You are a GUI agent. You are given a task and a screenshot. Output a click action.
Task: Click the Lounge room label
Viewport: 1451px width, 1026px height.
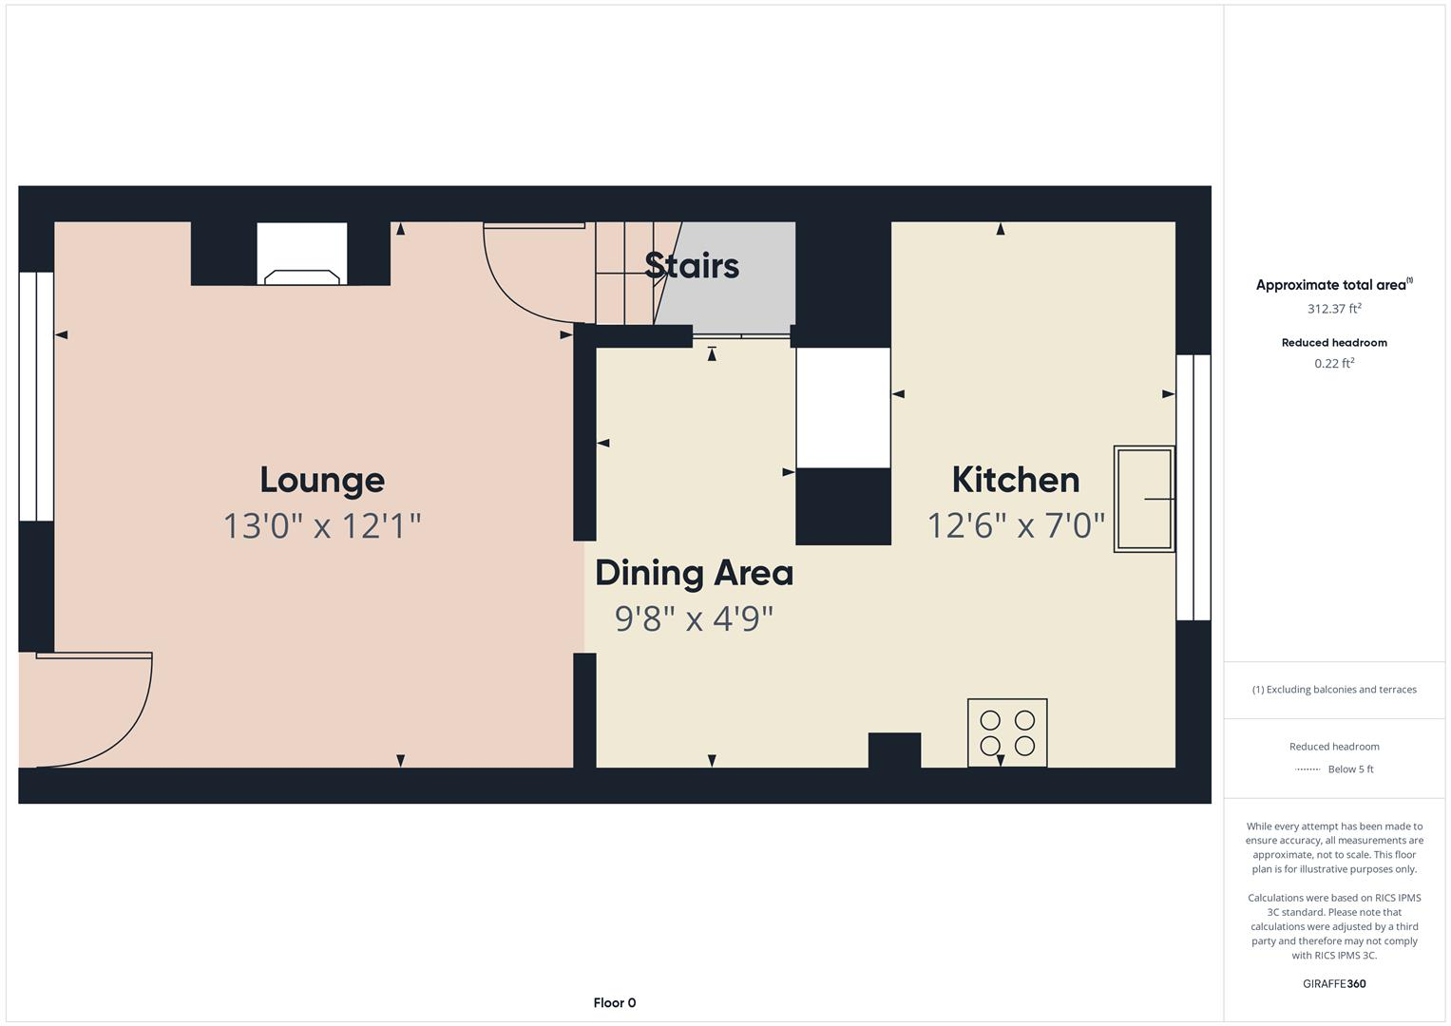pyautogui.click(x=322, y=480)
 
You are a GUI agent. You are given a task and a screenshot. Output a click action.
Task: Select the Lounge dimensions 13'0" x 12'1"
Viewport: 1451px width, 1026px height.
pyautogui.click(x=322, y=525)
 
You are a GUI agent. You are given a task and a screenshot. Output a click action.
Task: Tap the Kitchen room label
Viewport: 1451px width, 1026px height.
pyautogui.click(x=1016, y=480)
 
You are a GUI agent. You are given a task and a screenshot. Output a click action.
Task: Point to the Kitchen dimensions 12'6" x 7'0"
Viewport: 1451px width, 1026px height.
pyautogui.click(x=1016, y=525)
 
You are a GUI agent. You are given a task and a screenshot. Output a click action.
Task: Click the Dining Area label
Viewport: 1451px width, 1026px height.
pyautogui.click(x=694, y=573)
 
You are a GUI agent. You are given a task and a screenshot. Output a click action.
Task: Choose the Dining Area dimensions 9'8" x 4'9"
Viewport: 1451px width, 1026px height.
pyautogui.click(x=694, y=619)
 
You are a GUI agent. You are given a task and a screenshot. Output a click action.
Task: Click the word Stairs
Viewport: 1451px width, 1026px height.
pyautogui.click(x=692, y=266)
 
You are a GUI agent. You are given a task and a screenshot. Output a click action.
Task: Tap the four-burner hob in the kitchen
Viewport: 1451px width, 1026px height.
pyautogui.click(x=1007, y=732)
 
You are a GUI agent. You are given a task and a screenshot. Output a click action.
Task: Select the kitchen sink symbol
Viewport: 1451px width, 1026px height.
pyautogui.click(x=1143, y=499)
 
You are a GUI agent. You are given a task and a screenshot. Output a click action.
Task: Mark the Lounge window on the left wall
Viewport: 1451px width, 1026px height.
pyautogui.click(x=36, y=396)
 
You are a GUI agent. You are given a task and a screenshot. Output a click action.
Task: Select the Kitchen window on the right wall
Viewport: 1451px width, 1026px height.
pyautogui.click(x=1193, y=487)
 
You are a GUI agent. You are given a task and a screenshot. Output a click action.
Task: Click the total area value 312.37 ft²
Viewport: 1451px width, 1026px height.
pyautogui.click(x=1334, y=309)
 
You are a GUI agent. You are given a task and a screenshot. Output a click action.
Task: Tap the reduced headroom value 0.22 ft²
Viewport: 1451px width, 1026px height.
pyautogui.click(x=1334, y=364)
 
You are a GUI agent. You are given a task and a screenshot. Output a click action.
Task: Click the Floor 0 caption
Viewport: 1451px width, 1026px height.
pyautogui.click(x=614, y=1002)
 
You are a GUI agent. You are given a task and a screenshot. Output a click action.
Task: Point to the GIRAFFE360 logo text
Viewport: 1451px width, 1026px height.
pyautogui.click(x=1334, y=983)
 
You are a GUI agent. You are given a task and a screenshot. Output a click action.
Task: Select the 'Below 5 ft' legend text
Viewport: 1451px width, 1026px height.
pyautogui.click(x=1350, y=769)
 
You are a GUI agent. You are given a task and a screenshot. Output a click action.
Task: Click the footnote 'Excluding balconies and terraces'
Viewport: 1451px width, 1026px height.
pyautogui.click(x=1334, y=690)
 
